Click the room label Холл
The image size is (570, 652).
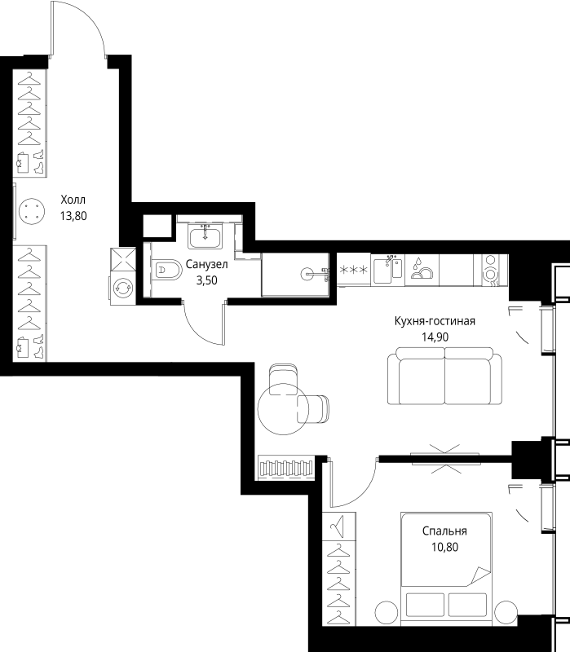73,200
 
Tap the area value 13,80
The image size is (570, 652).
73,216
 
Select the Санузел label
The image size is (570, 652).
207,264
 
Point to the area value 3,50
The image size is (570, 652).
207,280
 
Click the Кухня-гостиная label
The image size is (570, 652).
435,321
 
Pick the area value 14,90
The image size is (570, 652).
435,337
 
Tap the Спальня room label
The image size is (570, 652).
444,531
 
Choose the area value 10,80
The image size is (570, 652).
444,547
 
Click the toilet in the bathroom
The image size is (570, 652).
167,271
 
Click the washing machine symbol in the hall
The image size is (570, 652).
123,288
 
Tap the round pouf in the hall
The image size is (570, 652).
32,211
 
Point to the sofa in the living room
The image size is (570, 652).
444,376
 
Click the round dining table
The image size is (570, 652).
283,409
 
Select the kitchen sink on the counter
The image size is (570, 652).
387,271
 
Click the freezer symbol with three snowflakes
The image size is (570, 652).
354,270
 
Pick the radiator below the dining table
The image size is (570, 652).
286,468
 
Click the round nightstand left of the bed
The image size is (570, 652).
387,613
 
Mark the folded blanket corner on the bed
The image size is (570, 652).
479,577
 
